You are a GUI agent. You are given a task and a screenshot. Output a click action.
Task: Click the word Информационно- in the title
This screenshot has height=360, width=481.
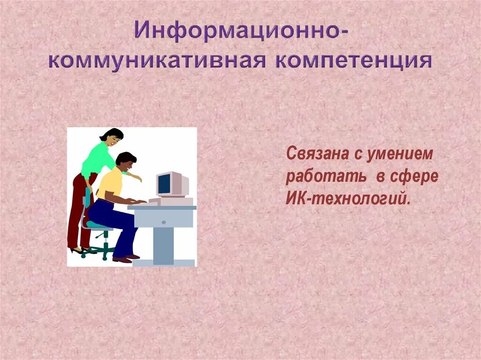tap(240, 31)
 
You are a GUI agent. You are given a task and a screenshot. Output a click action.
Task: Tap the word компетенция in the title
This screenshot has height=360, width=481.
tap(354, 61)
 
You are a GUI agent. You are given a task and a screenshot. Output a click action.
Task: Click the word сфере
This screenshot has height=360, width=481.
tap(414, 177)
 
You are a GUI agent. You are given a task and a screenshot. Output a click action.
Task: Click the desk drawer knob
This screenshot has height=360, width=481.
tap(163, 222)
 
